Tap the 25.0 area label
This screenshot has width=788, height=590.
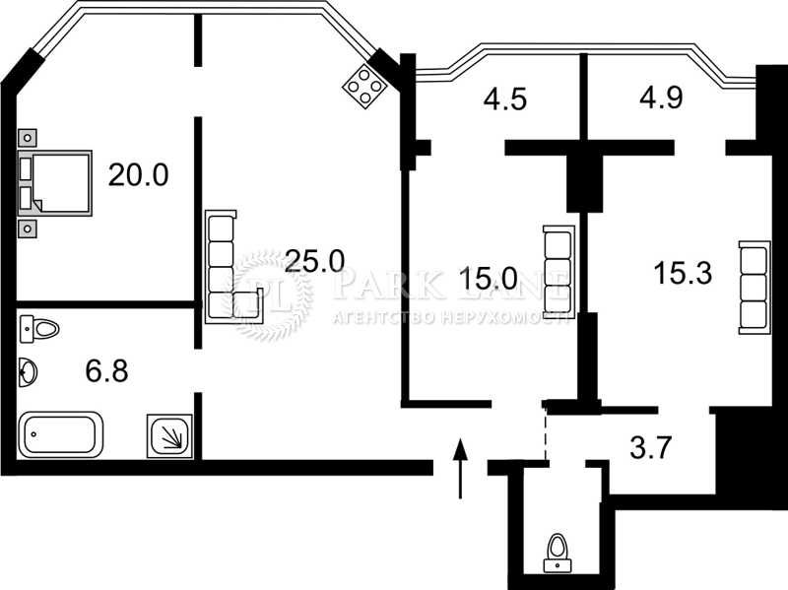point(315,260)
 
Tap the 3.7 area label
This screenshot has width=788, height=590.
point(650,448)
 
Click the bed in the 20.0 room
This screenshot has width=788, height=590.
point(56,183)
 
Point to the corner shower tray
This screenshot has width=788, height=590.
point(169,434)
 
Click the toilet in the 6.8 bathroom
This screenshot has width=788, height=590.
point(38,328)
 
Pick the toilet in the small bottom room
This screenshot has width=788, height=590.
point(558,553)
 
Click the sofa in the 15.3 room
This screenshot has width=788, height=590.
point(754,285)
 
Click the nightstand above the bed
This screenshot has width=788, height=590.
point(29,138)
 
